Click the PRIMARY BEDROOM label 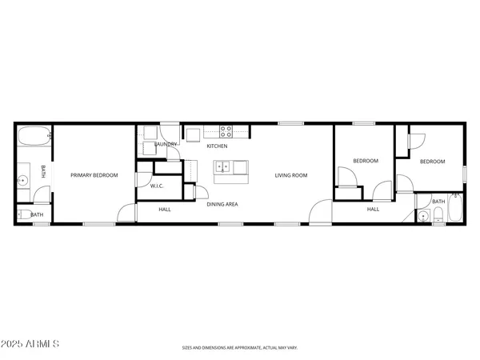tap(94, 175)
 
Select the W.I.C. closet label tap(157, 186)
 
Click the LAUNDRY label tap(166, 145)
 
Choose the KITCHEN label tap(217, 146)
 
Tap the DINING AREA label tap(222, 205)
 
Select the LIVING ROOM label tap(291, 175)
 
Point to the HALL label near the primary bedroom tap(164, 209)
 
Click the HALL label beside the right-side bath tap(373, 209)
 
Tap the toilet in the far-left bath tap(22, 214)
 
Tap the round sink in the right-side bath tap(422, 215)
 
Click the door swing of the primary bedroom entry tap(126, 213)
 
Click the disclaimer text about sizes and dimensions tap(239, 348)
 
